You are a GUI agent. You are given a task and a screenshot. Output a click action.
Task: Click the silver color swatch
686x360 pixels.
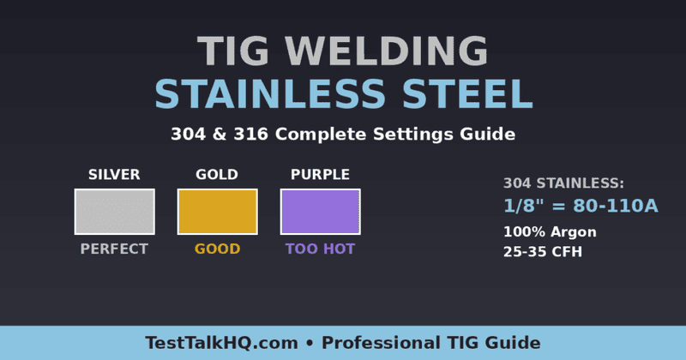tap(114, 212)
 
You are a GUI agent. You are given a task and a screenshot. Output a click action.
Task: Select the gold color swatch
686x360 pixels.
tap(217, 212)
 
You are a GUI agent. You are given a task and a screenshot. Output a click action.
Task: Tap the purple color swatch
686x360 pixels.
tap(320, 212)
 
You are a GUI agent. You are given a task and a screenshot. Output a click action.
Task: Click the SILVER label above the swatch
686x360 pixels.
tap(114, 175)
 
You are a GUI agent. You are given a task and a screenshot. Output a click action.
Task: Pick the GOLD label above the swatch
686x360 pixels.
tap(217, 175)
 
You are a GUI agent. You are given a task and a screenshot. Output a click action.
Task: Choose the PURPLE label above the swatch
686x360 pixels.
tap(320, 175)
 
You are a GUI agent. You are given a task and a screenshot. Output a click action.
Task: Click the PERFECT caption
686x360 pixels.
tap(114, 249)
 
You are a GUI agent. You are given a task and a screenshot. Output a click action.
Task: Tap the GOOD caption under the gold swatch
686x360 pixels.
tap(217, 249)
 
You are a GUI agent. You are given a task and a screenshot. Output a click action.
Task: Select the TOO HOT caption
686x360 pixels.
tap(320, 249)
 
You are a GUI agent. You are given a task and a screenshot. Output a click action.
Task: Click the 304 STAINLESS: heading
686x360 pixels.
tap(563, 183)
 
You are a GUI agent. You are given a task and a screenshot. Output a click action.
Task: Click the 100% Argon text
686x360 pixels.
tap(550, 232)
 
